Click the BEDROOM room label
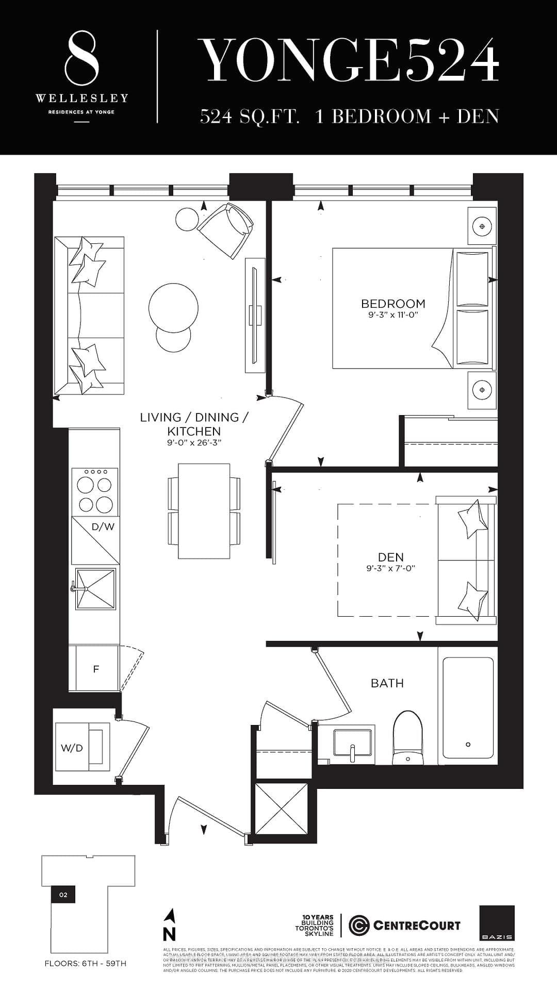[393, 303]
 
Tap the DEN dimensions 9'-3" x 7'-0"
[390, 568]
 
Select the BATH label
[387, 683]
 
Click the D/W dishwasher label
[103, 526]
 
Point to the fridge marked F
[96, 669]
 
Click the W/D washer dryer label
[72, 748]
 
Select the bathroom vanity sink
[352, 745]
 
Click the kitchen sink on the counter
[95, 588]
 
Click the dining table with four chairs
[204, 510]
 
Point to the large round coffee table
[173, 308]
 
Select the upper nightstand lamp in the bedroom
[482, 226]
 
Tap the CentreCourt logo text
[416, 926]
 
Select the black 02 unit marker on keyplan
[63, 895]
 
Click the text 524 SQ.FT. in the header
[250, 117]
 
